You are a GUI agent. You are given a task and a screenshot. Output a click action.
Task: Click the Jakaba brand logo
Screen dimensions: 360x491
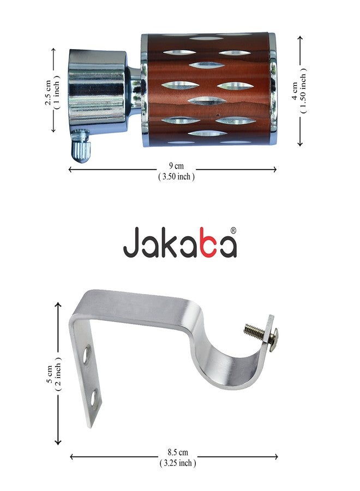click(x=179, y=242)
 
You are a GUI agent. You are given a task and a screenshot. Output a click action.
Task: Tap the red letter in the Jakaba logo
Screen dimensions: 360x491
click(x=200, y=246)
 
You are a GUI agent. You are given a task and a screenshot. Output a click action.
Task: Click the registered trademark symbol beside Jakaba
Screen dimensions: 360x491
click(x=233, y=230)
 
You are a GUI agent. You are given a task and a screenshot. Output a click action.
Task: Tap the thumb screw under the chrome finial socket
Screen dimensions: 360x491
click(x=81, y=147)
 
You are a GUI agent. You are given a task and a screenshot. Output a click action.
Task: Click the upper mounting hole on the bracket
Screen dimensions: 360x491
click(x=87, y=355)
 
